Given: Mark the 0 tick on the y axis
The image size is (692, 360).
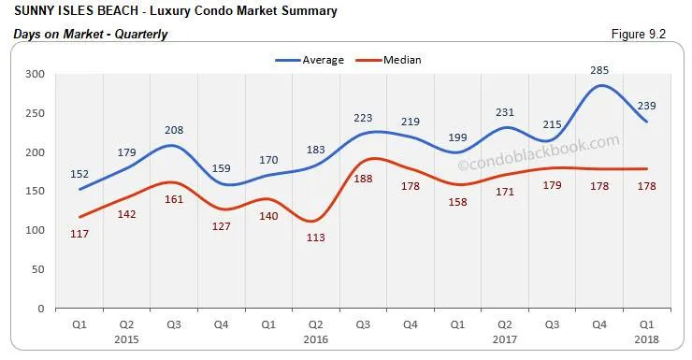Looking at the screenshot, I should coord(40,308).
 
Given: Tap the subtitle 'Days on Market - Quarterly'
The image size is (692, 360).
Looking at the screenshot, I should coord(91,35).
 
